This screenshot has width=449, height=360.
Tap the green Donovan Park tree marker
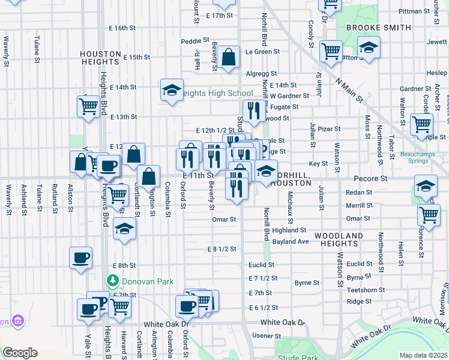click(x=112, y=280)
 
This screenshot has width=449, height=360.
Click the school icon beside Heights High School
click(x=172, y=91)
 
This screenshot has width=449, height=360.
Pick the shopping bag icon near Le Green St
click(x=229, y=58)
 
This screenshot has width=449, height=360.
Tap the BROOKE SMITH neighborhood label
click(x=379, y=28)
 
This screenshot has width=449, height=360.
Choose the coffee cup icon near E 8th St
click(x=80, y=258)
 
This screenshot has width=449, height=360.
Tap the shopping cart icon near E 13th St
click(x=88, y=107)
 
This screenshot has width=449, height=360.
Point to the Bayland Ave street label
click(x=290, y=241)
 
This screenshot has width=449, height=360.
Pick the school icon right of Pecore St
click(x=426, y=186)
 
